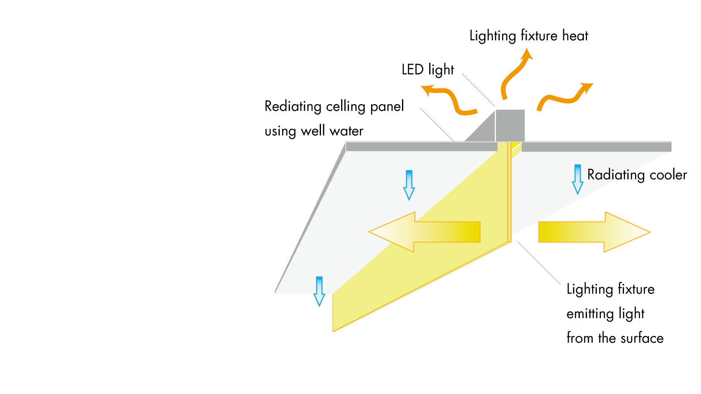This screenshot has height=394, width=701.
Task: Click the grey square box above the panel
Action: click(x=510, y=125)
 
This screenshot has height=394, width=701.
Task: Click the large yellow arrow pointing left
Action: click(x=425, y=232)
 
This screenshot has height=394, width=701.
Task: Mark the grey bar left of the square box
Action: click(x=420, y=147)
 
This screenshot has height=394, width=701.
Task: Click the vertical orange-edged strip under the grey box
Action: click(x=509, y=192)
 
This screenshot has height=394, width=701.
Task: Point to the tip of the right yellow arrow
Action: click(x=649, y=232)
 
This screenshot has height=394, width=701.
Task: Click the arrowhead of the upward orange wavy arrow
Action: click(x=528, y=53)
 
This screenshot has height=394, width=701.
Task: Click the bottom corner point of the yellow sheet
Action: click(x=334, y=331)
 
